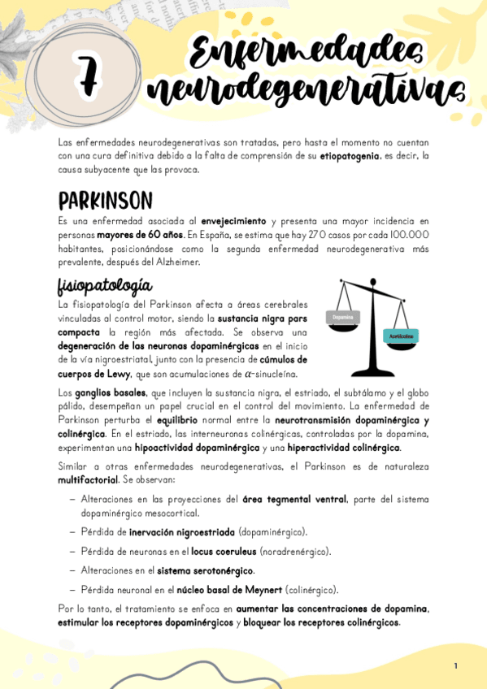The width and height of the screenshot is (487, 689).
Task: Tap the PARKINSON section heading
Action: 105,200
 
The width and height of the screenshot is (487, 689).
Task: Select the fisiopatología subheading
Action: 104,285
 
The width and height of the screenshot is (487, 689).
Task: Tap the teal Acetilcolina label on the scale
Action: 400,335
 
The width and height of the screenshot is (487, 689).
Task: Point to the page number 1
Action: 456,666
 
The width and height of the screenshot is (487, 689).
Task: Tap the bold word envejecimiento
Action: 234,221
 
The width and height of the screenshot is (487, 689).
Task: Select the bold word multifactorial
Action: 89,480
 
